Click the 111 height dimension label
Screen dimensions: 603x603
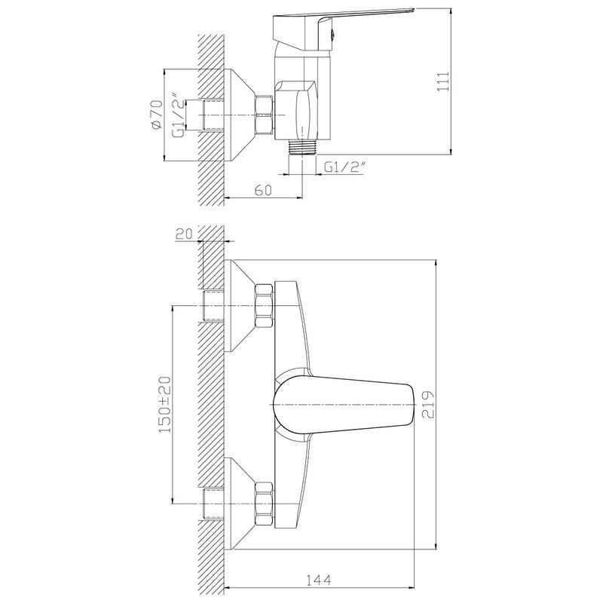[443, 81]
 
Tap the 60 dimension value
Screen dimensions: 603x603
[263, 190]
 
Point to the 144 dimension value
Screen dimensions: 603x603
[318, 580]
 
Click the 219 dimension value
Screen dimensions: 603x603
[427, 405]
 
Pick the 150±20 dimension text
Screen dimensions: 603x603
[164, 405]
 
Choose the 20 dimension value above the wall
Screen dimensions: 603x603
[185, 234]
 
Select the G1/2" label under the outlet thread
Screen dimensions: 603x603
[344, 167]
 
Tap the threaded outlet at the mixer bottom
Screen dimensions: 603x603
[302, 147]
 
